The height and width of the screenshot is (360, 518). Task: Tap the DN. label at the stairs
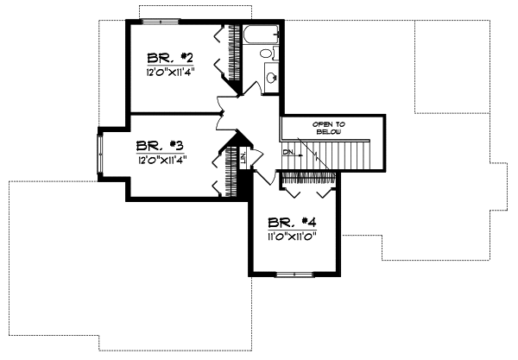(288, 152)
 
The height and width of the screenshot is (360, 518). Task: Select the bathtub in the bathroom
(261, 35)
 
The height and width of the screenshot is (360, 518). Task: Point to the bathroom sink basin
(272, 76)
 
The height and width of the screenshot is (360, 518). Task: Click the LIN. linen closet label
(244, 157)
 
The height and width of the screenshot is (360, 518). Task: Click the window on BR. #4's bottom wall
(294, 274)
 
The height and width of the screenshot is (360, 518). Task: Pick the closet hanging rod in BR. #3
(231, 172)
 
